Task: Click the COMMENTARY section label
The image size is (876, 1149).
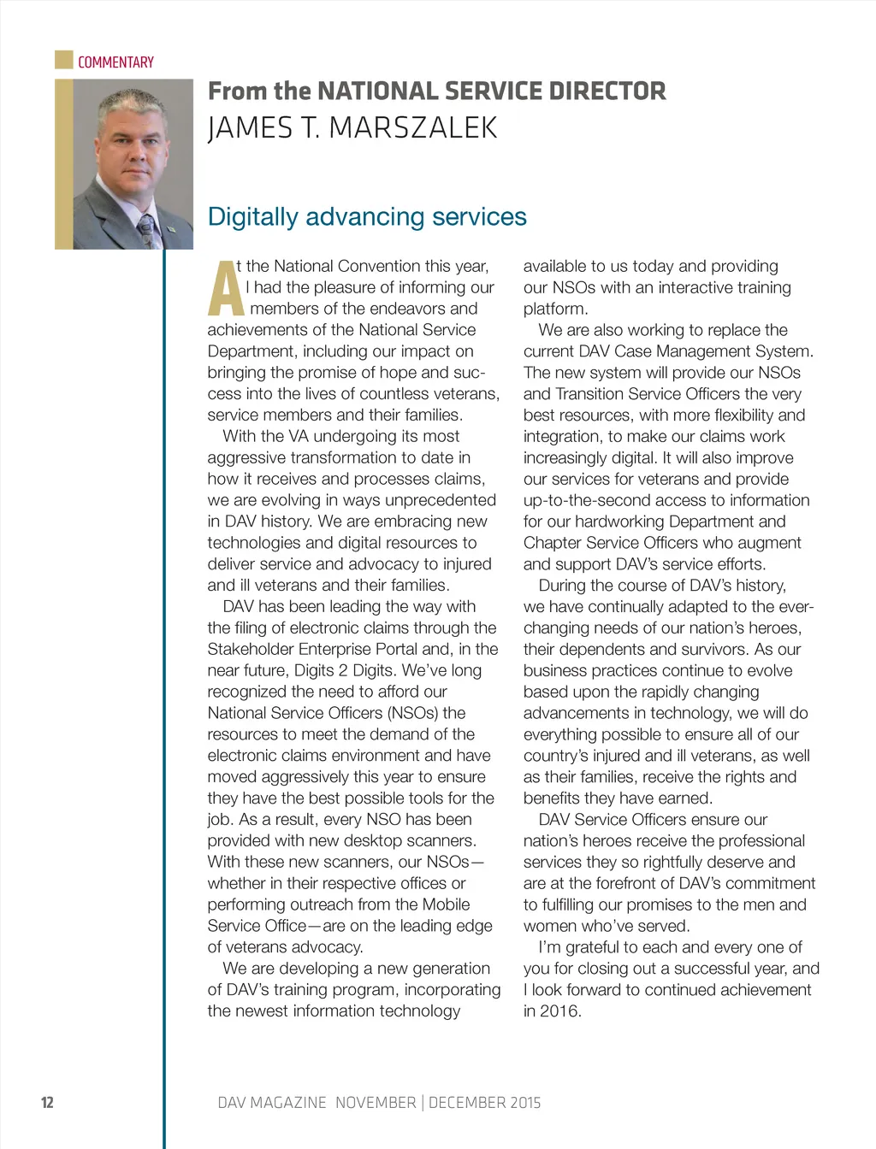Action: point(115,62)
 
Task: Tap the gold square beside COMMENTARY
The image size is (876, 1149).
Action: point(63,60)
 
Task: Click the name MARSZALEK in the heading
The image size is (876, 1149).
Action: point(412,128)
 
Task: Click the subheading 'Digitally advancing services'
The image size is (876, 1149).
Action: point(367,216)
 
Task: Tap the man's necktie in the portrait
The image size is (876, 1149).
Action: point(148,229)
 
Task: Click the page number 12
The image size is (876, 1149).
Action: point(47,1102)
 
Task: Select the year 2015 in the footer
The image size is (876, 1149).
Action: point(524,1103)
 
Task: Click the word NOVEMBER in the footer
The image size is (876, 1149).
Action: point(376,1103)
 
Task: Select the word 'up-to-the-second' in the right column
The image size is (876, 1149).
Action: point(583,500)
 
